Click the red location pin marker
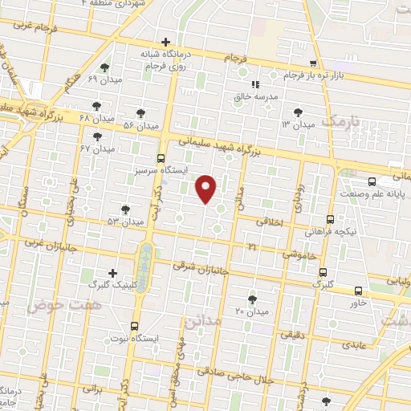(206, 189)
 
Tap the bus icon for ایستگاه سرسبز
(161, 158)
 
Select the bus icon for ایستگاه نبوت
(134, 327)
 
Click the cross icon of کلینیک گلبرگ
(112, 273)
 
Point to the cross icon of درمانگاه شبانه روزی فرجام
(165, 42)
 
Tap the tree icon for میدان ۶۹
(105, 67)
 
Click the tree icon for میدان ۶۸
(97, 105)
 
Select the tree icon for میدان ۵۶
(141, 113)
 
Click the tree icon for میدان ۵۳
(125, 209)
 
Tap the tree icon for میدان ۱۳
(299, 112)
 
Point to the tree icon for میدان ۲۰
(253, 299)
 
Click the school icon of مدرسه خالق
(255, 83)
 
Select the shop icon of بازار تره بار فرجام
(314, 63)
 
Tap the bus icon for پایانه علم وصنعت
(371, 182)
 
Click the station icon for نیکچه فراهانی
(330, 218)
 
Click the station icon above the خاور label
(358, 291)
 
